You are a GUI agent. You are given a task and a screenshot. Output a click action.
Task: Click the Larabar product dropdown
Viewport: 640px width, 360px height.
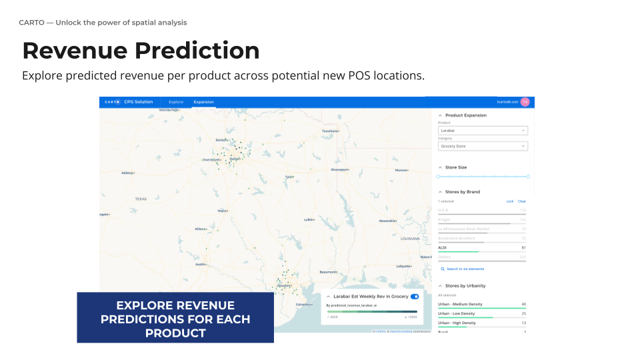click(483, 131)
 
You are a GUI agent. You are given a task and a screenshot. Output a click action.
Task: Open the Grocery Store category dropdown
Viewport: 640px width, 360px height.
click(483, 146)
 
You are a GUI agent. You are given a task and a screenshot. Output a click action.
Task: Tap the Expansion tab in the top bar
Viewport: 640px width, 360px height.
click(203, 102)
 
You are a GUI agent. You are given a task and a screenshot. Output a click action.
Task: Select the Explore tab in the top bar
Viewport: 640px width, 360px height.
click(176, 102)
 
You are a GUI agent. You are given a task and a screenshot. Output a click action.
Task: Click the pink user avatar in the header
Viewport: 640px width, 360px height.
click(525, 102)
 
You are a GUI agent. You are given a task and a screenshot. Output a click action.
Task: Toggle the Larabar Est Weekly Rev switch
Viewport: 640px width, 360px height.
click(415, 296)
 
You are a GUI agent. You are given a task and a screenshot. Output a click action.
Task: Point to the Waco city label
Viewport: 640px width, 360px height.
click(222, 211)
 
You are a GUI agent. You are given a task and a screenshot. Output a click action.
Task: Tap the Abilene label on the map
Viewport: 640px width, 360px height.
click(127, 173)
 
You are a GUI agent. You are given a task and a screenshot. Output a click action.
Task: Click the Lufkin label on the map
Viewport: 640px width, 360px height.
click(309, 219)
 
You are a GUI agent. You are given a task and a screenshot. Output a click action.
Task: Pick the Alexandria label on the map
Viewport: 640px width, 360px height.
click(388, 220)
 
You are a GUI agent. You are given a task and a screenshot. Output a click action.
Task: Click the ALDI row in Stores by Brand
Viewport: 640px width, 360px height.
click(482, 248)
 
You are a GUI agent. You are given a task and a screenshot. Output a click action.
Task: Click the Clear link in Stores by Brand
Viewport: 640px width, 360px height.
click(522, 201)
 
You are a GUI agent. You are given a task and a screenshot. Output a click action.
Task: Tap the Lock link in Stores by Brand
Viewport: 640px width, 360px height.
click(510, 201)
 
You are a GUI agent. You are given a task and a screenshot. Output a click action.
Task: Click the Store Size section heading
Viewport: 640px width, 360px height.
click(456, 167)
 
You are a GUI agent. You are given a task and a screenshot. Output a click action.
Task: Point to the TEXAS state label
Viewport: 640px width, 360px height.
click(141, 199)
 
